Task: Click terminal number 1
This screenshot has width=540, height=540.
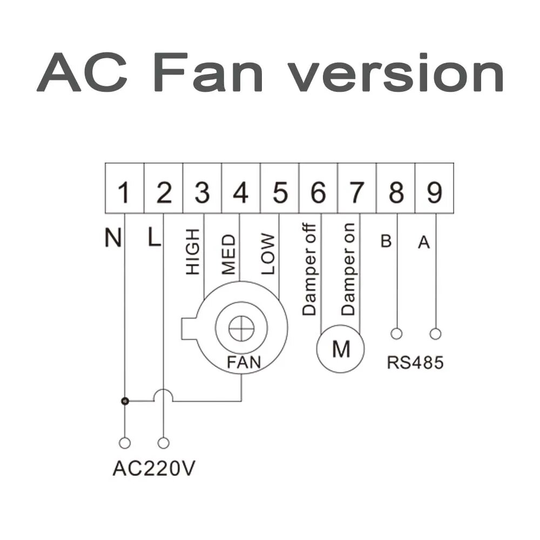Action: [x=125, y=193]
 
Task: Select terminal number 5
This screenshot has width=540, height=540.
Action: [x=280, y=193]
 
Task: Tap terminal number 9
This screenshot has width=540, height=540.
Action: [x=434, y=193]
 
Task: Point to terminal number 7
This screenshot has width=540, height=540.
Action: [x=356, y=193]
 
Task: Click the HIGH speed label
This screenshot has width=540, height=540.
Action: [x=193, y=251]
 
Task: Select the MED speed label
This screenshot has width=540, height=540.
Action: [x=229, y=254]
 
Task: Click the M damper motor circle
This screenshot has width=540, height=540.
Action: [x=340, y=350]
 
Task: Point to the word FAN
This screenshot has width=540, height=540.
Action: [x=244, y=362]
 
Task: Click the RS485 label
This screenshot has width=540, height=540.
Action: [x=415, y=362]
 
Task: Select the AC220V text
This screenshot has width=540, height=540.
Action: [x=154, y=469]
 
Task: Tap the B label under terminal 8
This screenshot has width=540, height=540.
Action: [x=386, y=241]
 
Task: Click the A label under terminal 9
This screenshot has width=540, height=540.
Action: [x=424, y=244]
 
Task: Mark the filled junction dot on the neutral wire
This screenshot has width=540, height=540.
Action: [x=125, y=401]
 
